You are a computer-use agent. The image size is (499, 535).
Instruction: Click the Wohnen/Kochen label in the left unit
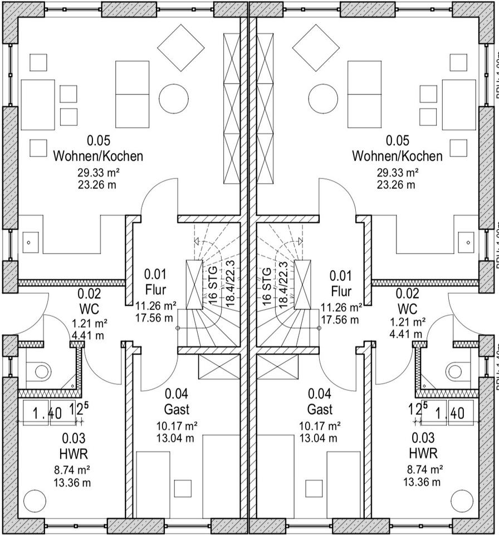click(x=98, y=156)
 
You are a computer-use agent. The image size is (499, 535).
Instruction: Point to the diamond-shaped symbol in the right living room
click(x=316, y=48)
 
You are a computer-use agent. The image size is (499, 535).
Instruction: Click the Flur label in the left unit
click(x=155, y=290)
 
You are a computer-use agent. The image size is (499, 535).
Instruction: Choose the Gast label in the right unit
click(x=320, y=410)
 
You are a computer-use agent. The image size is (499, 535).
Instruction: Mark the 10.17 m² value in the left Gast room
click(x=177, y=426)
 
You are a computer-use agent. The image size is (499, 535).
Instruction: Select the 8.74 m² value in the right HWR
click(x=424, y=469)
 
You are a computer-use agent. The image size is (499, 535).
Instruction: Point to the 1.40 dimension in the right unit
click(x=449, y=414)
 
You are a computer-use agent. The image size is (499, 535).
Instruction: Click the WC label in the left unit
click(x=89, y=308)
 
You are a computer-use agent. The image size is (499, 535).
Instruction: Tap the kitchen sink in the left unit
click(x=29, y=242)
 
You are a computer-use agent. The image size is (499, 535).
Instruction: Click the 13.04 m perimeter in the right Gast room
click(x=320, y=437)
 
